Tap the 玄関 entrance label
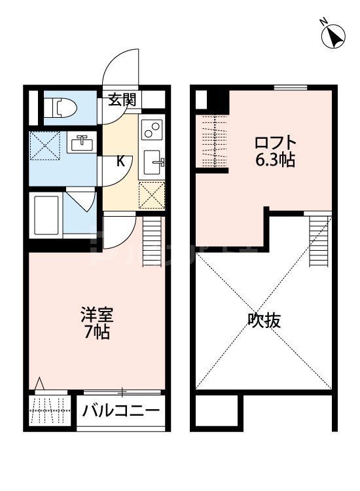click(x=122, y=100)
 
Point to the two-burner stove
click(x=151, y=130)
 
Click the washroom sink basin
click(x=82, y=143)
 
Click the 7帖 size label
click(x=96, y=332)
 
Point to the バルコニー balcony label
click(x=121, y=412)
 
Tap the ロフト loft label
click(x=275, y=142)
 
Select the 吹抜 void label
click(x=264, y=321)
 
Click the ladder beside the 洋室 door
click(x=151, y=240)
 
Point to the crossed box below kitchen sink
click(x=153, y=195)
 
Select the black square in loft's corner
click(x=215, y=101)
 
